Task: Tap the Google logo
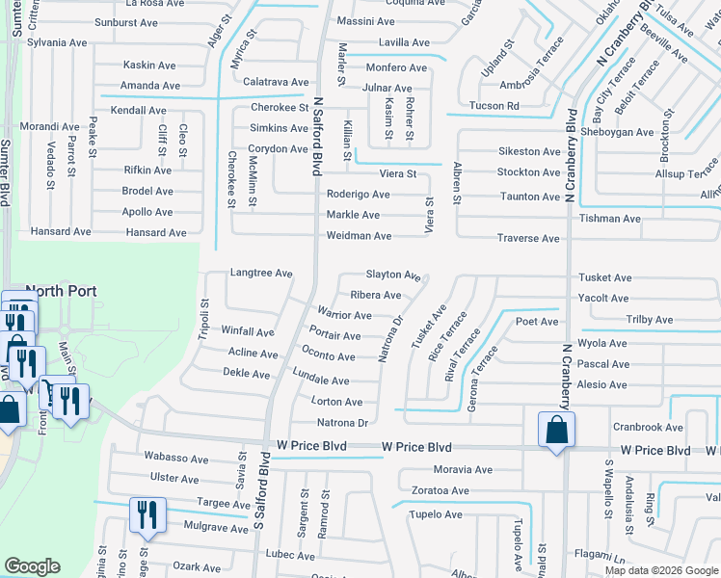coord(32,566)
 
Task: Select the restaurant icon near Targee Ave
coord(147,515)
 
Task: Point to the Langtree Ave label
coord(260,274)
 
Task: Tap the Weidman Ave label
coord(359,236)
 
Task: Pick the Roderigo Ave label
coord(358,194)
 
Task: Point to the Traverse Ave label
coord(528,238)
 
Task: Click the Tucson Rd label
coord(494,106)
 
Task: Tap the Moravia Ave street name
coord(463,470)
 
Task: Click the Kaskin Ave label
coord(149,66)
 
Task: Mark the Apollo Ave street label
coord(147,212)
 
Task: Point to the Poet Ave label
coord(537,321)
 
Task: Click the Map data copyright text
coord(661,570)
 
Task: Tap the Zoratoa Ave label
coord(438,490)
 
